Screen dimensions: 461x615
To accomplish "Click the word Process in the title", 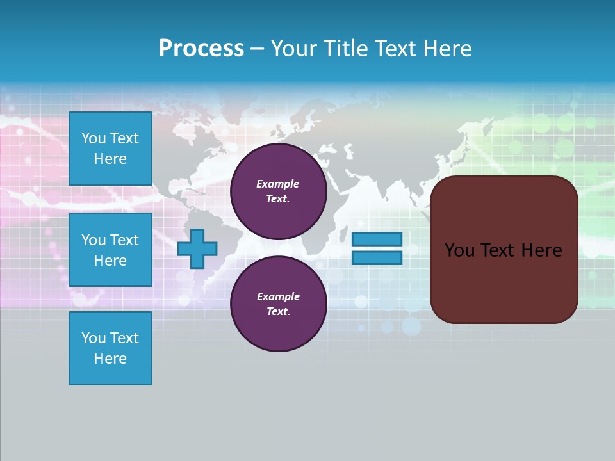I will [201, 49].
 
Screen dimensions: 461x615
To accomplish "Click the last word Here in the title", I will [447, 49].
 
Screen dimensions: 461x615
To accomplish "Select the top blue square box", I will [110, 149].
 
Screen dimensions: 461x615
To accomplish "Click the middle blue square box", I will [110, 250].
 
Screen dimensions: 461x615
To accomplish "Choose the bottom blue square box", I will [110, 348].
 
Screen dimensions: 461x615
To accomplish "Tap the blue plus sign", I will [197, 248].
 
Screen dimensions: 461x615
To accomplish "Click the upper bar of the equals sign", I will [377, 239].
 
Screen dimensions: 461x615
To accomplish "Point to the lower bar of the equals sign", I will [377, 258].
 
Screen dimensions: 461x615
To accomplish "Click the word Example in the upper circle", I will [277, 184].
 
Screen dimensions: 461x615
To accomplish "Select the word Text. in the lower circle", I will [278, 312].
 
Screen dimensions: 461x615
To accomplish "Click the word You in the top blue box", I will [94, 138].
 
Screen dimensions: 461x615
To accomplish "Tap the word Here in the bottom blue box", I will [110, 359].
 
